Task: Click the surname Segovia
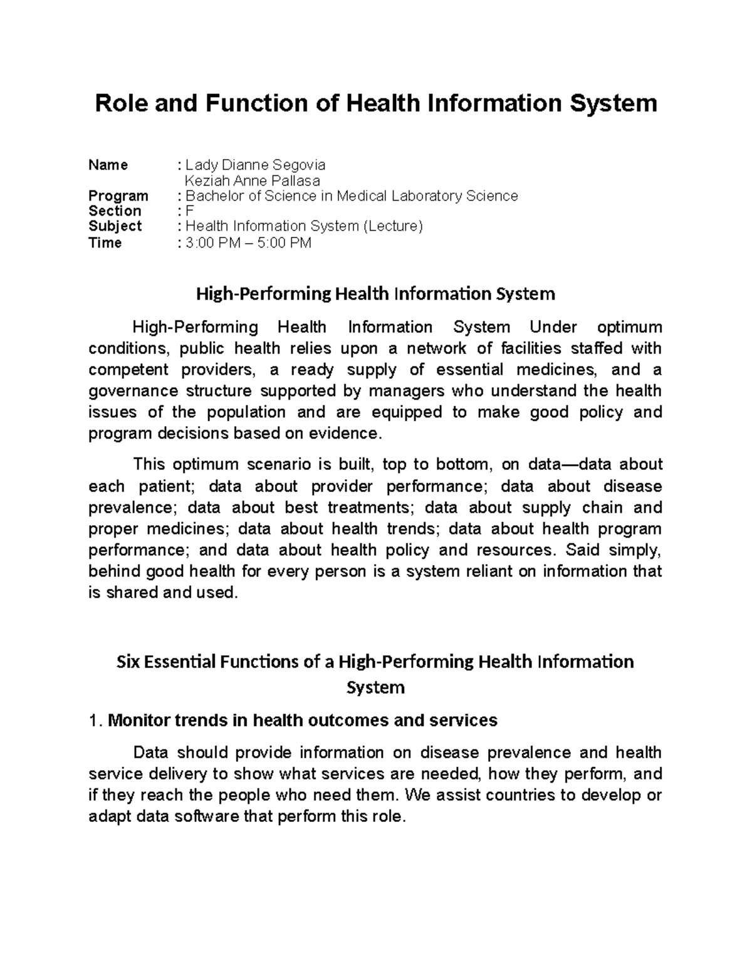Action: [298, 165]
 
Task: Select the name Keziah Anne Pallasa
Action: [252, 180]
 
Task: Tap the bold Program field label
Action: [118, 196]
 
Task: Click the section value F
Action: [190, 211]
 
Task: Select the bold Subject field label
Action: [115, 226]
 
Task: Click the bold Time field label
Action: [105, 242]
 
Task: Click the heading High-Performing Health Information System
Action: [375, 293]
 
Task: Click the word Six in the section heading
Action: [128, 662]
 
